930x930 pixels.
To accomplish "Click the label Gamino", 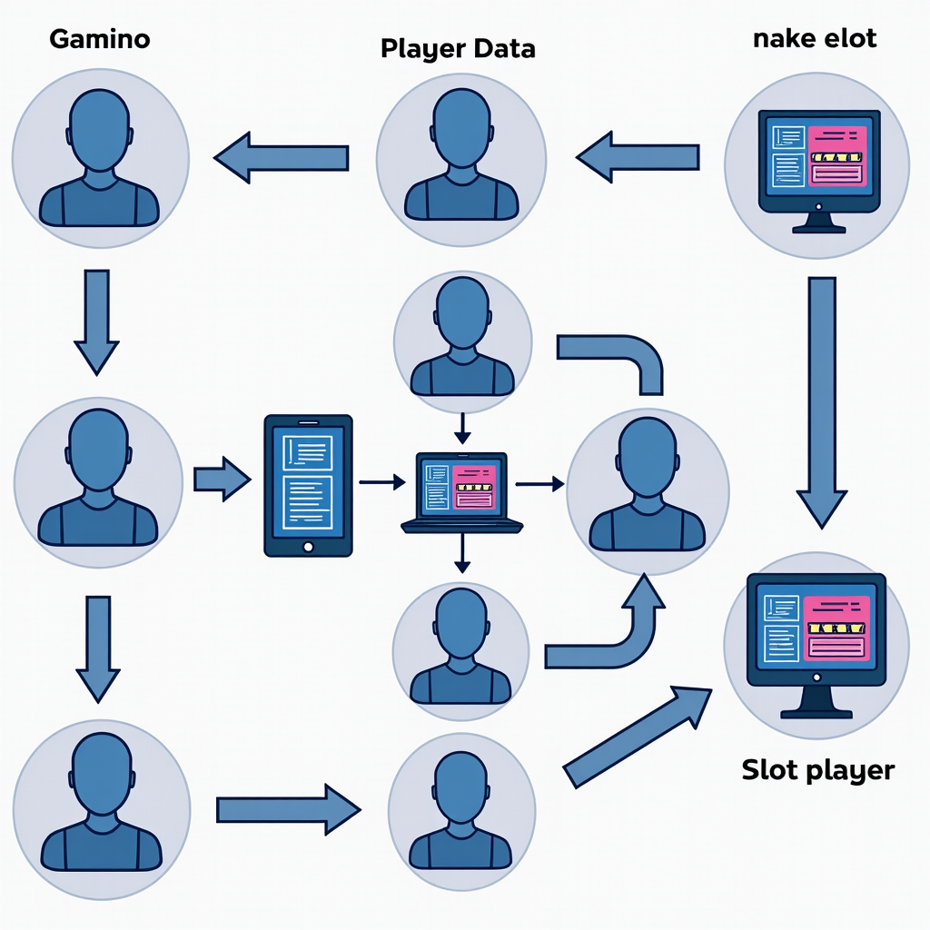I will pos(100,39).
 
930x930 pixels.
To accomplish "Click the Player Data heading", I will pos(458,48).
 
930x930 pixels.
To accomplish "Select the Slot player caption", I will pos(817,770).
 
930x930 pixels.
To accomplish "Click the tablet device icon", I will pos(308,485).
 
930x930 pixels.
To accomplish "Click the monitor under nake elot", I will pos(818,169).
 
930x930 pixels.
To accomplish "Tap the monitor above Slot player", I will pos(816,641).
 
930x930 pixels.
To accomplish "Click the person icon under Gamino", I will pos(100,159).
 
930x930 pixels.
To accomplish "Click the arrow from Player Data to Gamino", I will pos(282,157).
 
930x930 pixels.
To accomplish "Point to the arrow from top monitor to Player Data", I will pos(638,157).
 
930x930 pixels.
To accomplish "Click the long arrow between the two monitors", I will pos(822,400).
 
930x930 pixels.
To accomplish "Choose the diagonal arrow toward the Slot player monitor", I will pos(636,736).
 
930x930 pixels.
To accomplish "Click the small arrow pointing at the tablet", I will pos(222,479).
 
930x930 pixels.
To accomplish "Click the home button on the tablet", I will pos(308,547).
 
